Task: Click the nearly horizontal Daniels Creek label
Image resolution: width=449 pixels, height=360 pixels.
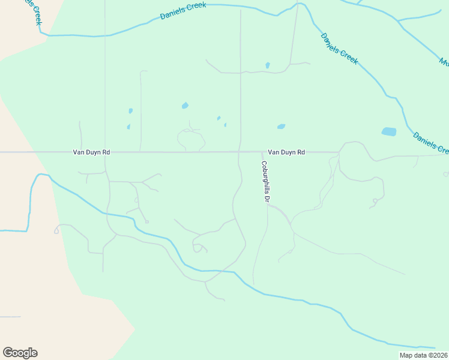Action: pyautogui.click(x=183, y=11)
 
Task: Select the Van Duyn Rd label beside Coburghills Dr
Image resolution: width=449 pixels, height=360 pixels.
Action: pyautogui.click(x=286, y=152)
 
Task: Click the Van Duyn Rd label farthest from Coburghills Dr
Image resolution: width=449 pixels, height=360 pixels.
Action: pyautogui.click(x=91, y=152)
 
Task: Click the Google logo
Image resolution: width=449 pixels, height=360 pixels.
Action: pyautogui.click(x=20, y=353)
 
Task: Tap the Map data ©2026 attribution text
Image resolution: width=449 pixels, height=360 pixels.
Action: pyautogui.click(x=423, y=355)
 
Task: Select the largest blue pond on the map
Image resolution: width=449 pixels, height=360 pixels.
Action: pyautogui.click(x=389, y=131)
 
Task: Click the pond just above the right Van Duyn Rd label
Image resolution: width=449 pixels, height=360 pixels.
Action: pyautogui.click(x=281, y=127)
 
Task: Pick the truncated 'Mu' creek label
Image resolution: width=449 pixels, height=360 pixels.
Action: pyautogui.click(x=444, y=61)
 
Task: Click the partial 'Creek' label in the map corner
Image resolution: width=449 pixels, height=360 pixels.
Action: pyautogui.click(x=37, y=13)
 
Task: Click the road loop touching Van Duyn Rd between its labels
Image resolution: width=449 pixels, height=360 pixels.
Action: pyautogui.click(x=191, y=140)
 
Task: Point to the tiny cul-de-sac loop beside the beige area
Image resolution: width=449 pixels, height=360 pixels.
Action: pyautogui.click(x=56, y=230)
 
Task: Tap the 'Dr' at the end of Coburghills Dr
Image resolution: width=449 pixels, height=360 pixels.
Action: pyautogui.click(x=265, y=197)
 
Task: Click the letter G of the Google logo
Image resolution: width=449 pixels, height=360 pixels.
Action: pyautogui.click(x=8, y=352)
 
